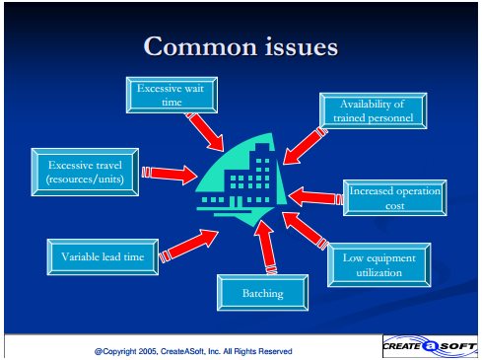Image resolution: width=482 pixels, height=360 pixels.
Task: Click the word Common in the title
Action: coord(200,46)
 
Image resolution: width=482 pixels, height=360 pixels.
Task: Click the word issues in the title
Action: coord(302,46)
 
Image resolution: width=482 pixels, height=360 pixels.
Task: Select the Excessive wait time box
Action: coord(172,95)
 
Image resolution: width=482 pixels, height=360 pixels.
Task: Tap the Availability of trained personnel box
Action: coord(374,110)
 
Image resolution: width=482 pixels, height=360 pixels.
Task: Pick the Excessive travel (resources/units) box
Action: coord(85,172)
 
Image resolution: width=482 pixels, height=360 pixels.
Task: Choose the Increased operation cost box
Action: coord(395,197)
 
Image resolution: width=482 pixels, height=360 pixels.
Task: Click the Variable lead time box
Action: coord(103,256)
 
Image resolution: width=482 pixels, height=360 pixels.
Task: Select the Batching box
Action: coord(262,293)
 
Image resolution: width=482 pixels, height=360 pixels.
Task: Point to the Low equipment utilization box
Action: coord(379,265)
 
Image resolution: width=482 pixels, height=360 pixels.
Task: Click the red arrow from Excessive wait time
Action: coord(204,131)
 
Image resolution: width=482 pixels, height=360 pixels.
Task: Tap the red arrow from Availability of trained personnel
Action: coord(306,146)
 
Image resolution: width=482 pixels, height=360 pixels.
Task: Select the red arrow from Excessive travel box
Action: coord(170,174)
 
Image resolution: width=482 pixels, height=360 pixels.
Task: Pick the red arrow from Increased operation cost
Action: coord(315,197)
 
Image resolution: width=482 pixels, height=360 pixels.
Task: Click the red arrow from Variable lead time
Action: coord(188,246)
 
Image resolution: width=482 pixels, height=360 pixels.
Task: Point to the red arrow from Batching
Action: coord(265,247)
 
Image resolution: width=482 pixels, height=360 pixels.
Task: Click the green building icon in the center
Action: coord(240,180)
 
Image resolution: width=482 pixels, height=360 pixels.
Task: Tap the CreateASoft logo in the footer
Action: coord(430,346)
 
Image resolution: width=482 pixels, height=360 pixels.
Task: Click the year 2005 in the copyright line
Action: coord(149,351)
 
